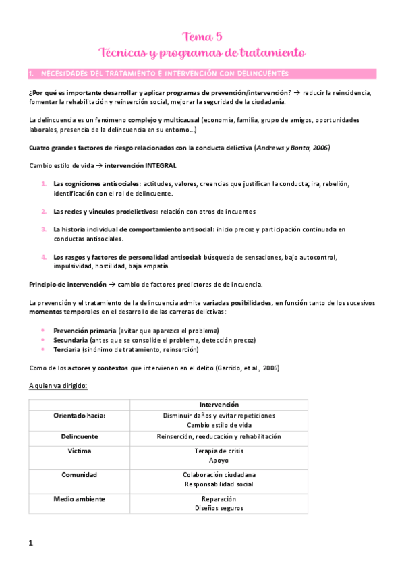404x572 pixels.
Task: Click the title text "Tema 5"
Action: (x=202, y=36)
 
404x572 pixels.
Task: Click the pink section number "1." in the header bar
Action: (x=31, y=73)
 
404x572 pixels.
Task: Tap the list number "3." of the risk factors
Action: (x=44, y=229)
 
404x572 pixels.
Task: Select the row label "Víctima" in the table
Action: (x=80, y=451)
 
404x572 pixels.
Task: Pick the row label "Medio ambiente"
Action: (x=80, y=499)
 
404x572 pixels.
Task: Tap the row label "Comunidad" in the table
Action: (x=80, y=475)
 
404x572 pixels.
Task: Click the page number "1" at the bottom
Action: (x=31, y=543)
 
